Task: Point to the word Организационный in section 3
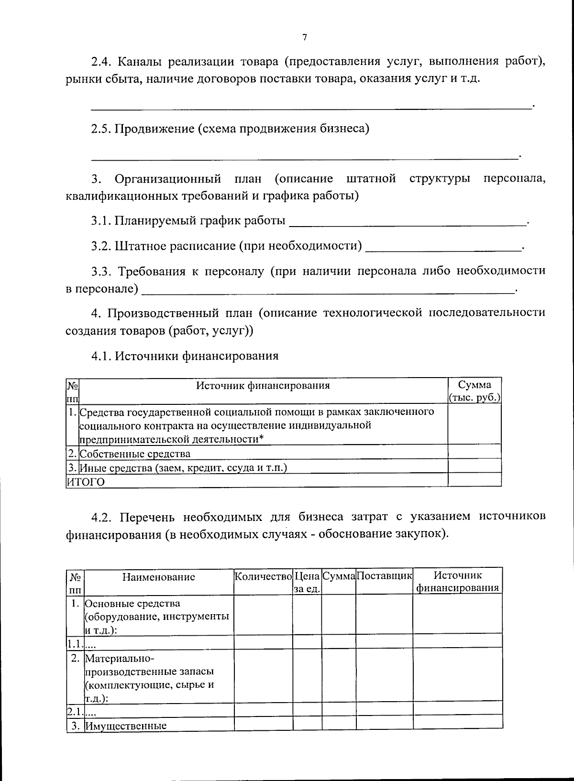168,179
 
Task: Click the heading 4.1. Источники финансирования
185,356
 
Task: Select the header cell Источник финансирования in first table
263,386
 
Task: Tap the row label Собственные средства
135,454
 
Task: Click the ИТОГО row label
86,482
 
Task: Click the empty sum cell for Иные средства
475,467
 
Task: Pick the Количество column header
263,575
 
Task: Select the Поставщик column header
384,575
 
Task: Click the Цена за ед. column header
307,582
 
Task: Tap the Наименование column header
159,577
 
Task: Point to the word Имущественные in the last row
126,726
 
